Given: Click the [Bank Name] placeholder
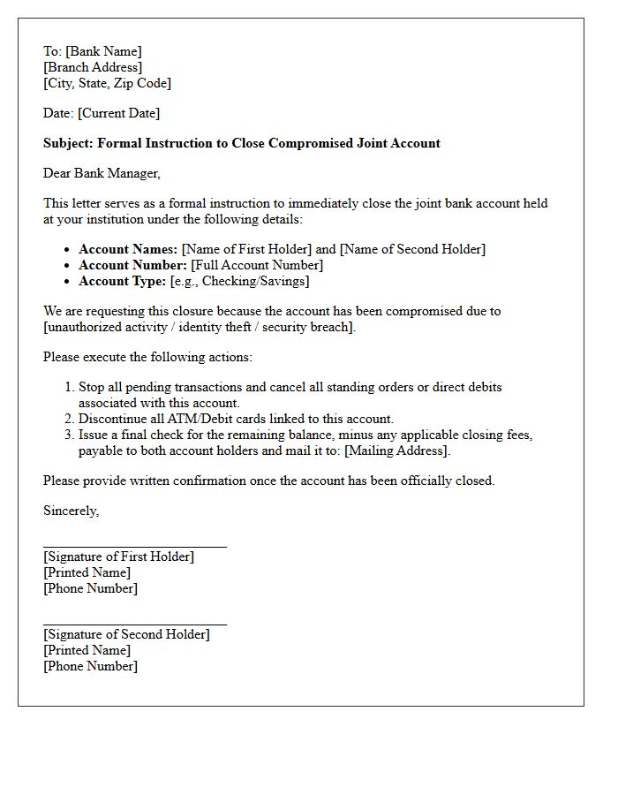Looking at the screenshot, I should (103, 51).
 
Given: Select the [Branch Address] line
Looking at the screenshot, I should (93, 67).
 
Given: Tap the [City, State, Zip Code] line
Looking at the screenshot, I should (107, 83).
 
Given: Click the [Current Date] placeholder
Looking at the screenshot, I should (119, 113).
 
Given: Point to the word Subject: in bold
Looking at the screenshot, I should (68, 143).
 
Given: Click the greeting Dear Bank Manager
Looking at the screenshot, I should (102, 173).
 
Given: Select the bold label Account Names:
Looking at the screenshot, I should (128, 249).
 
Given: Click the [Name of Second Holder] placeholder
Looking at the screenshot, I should (412, 249).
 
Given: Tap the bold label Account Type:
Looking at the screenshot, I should (122, 281).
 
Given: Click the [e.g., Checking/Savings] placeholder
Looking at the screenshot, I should (239, 281).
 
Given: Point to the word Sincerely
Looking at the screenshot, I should (71, 511).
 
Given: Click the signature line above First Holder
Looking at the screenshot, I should (135, 547).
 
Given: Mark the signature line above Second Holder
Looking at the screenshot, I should (135, 625).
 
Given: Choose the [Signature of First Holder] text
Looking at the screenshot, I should (118, 556).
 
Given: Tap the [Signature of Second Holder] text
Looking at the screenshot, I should (126, 634).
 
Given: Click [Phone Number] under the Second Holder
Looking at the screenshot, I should (90, 666).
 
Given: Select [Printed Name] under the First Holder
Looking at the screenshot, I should (87, 572).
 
